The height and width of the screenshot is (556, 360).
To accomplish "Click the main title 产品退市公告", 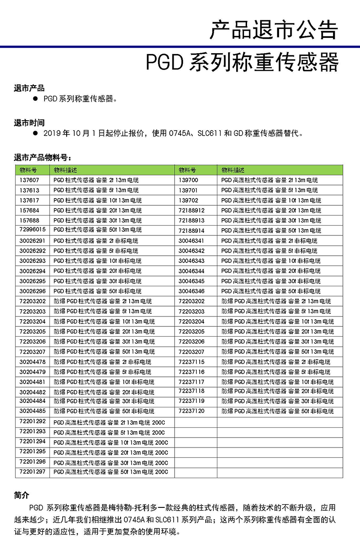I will click(274, 30).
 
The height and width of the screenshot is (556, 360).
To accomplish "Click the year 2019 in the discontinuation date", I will click(53, 134).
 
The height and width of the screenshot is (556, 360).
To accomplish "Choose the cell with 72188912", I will click(191, 210).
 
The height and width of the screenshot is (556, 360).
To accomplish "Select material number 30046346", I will click(191, 291).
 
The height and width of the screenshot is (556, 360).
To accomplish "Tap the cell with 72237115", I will click(191, 362).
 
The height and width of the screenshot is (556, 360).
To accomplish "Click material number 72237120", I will click(191, 411).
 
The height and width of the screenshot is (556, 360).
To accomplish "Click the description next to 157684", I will click(98, 210).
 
